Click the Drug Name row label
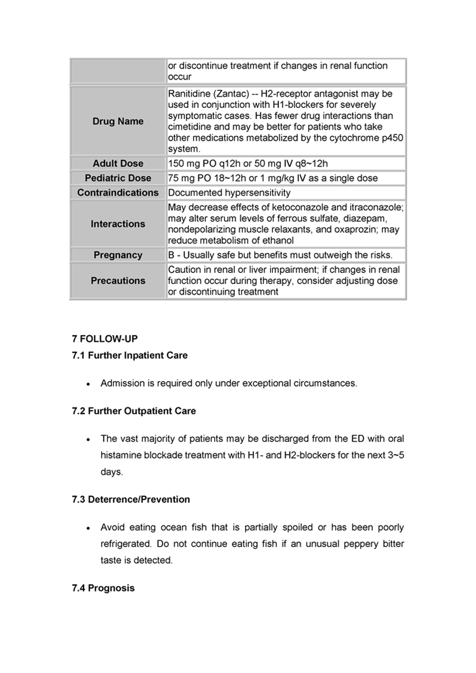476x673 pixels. pyautogui.click(x=118, y=121)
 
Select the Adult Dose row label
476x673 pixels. pyautogui.click(x=118, y=163)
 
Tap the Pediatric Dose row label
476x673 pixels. pyautogui.click(x=118, y=178)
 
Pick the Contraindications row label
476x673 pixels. pyautogui.click(x=118, y=193)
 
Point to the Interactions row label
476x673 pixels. pyautogui.click(x=118, y=224)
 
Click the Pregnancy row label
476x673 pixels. pyautogui.click(x=118, y=255)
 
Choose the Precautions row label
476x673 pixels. pyautogui.click(x=118, y=281)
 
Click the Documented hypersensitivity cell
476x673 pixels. pyautogui.click(x=229, y=193)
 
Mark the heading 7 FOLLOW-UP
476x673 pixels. pyautogui.click(x=105, y=339)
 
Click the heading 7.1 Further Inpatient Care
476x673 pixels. pyautogui.click(x=130, y=356)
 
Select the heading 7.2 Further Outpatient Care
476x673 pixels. pyautogui.click(x=134, y=411)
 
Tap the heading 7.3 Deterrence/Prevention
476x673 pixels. pyautogui.click(x=131, y=499)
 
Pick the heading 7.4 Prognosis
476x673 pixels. pyautogui.click(x=103, y=588)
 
